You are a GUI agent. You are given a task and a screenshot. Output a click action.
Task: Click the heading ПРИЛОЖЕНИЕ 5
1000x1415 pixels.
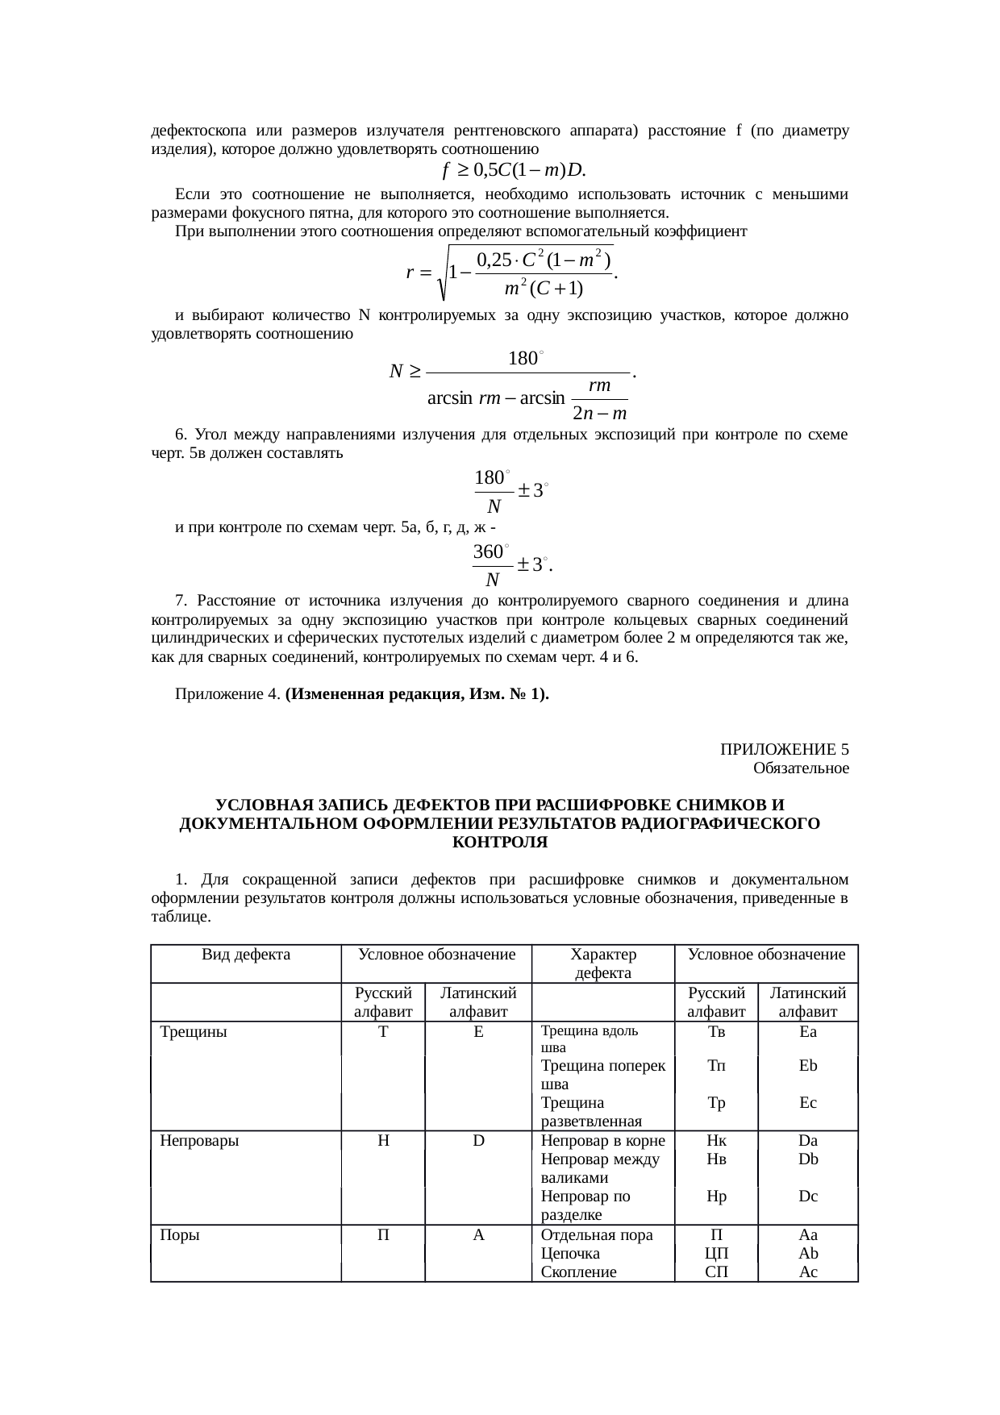[x=784, y=750]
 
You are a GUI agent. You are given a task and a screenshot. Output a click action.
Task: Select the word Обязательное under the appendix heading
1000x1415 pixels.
[x=800, y=768]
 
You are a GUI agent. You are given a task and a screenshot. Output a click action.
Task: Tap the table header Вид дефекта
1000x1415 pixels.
[x=246, y=955]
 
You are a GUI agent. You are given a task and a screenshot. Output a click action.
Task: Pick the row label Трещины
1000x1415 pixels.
[x=194, y=1031]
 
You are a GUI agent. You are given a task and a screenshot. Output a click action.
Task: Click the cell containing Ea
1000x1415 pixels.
[x=807, y=1031]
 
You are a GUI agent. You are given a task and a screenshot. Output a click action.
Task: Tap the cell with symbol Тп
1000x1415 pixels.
[x=716, y=1066]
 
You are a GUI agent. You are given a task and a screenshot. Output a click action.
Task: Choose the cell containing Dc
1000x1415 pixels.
[x=808, y=1197]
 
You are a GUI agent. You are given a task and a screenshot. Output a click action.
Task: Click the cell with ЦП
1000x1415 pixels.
[x=716, y=1254]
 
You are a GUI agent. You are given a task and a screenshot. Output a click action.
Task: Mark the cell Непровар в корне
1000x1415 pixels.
[x=602, y=1141]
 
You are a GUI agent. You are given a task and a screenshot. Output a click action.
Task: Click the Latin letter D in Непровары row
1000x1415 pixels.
[x=478, y=1141]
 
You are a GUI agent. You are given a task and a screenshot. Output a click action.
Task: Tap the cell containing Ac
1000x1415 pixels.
[x=808, y=1272]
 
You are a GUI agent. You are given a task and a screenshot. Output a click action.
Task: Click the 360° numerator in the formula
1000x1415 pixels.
[x=490, y=552]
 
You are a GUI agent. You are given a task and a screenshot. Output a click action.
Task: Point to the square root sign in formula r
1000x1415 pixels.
[x=442, y=274]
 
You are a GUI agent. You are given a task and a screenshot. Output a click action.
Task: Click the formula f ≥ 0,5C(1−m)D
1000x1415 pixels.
[x=515, y=170]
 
